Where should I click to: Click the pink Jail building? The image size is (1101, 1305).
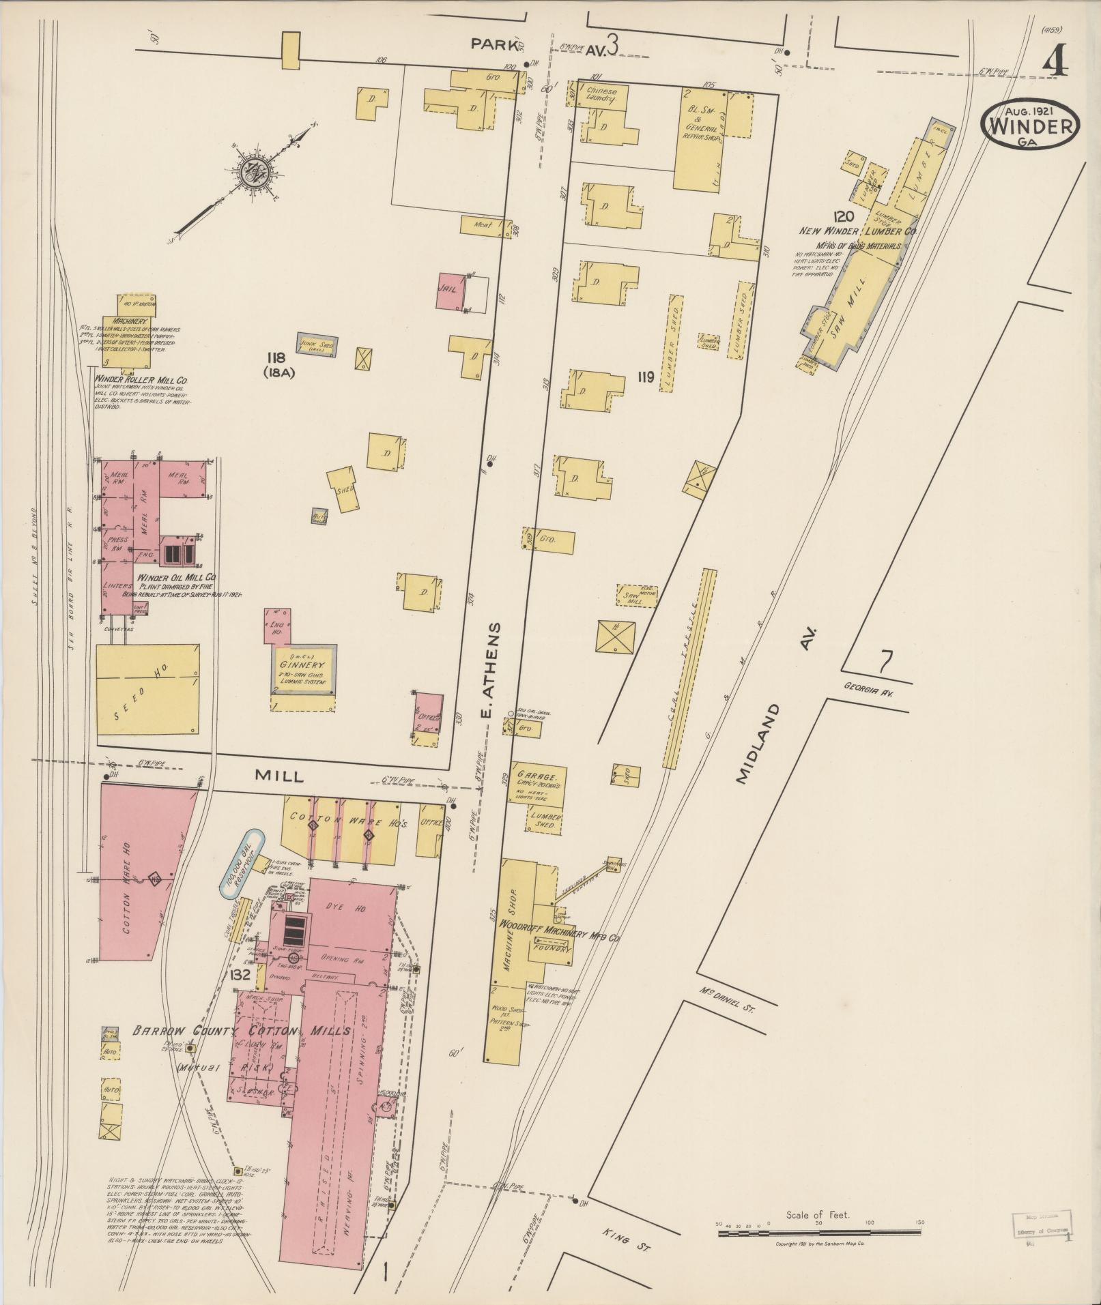pyautogui.click(x=451, y=291)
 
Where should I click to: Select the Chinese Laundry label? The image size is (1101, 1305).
pyautogui.click(x=601, y=95)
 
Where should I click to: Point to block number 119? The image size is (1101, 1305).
pyautogui.click(x=646, y=376)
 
